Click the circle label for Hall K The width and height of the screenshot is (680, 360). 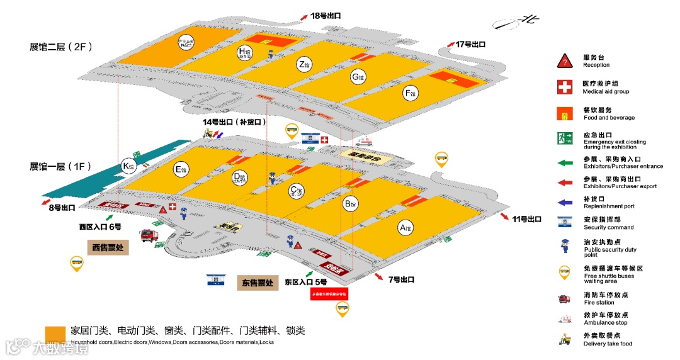pyautogui.click(x=129, y=166)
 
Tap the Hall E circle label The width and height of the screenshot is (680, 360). pyautogui.click(x=180, y=169)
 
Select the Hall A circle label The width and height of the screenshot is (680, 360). pyautogui.click(x=407, y=227)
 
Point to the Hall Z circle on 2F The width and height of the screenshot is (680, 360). pyautogui.click(x=304, y=64)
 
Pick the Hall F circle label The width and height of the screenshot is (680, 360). pyautogui.click(x=410, y=94)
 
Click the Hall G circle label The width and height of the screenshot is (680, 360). pyautogui.click(x=358, y=77)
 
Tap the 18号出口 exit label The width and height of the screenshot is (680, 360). pyautogui.click(x=328, y=16)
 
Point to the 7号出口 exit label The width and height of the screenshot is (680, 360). pyautogui.click(x=399, y=279)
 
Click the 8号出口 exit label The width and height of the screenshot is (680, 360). pyautogui.click(x=61, y=207)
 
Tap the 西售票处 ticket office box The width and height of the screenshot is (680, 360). pyautogui.click(x=108, y=247)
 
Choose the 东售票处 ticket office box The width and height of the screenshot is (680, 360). pyautogui.click(x=258, y=283)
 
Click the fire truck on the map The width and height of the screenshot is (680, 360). pyautogui.click(x=149, y=235)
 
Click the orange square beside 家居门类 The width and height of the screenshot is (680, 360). pyautogui.click(x=55, y=334)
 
